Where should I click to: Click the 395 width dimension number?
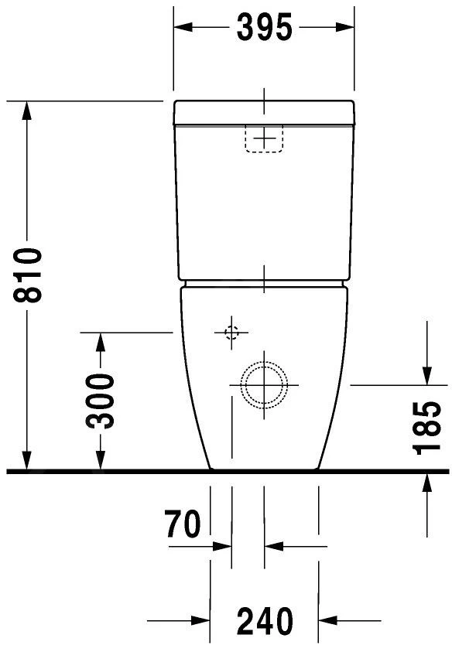click(264, 28)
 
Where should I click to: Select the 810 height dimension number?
click(28, 275)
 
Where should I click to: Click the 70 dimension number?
click(183, 525)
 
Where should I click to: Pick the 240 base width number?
click(265, 620)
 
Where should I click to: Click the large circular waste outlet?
click(264, 383)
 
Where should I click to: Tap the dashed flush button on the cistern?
click(265, 138)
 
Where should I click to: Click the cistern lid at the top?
click(264, 113)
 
